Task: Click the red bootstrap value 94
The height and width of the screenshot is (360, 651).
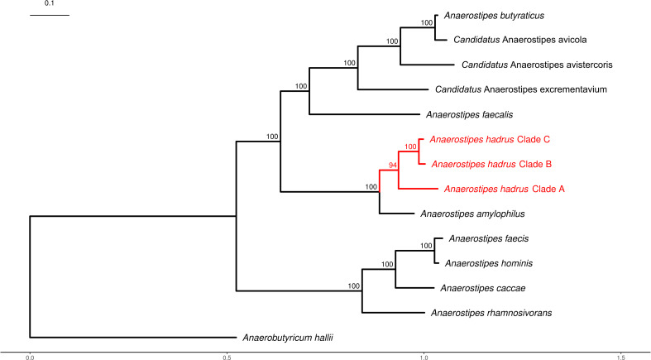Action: click(393, 166)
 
